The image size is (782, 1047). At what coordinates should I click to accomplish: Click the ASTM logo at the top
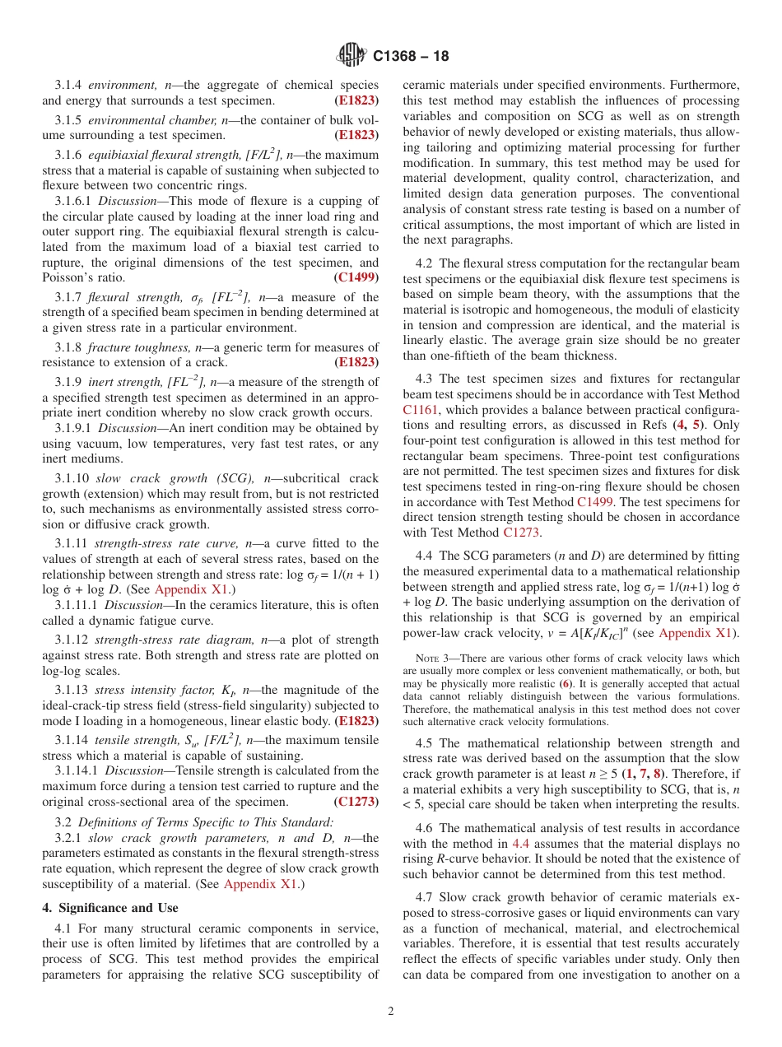click(351, 56)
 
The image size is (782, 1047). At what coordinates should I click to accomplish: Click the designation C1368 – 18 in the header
click(411, 57)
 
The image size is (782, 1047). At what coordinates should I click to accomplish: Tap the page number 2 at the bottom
click(391, 1012)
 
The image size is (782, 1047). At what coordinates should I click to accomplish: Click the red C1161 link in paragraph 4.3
click(421, 408)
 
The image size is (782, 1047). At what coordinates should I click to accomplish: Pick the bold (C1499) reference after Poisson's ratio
click(356, 277)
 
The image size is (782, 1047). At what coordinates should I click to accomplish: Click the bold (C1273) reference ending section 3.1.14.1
click(356, 801)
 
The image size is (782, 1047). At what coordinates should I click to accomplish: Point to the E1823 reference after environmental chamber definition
click(356, 134)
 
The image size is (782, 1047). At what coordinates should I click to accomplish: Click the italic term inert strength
click(122, 382)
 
